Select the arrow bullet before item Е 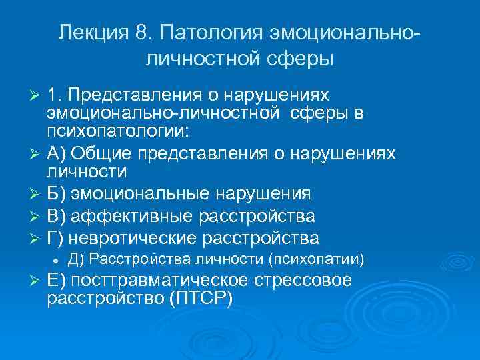point(37,281)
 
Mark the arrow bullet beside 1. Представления point(37,93)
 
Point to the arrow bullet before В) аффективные point(37,217)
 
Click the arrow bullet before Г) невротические point(37,238)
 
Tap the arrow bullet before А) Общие point(37,154)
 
